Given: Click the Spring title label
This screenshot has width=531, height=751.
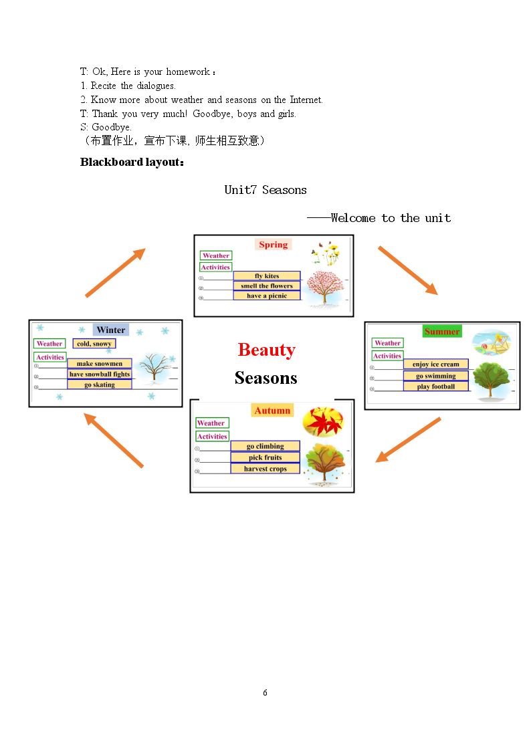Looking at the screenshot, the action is point(273,244).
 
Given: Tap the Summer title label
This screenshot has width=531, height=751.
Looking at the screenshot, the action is point(442,332).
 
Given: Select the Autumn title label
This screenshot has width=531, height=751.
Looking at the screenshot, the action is point(272,411).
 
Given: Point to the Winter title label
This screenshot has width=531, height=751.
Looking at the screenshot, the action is point(110,330).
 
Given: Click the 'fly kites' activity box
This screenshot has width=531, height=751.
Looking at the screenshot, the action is point(267,276).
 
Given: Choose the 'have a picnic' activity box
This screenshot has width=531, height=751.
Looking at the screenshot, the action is point(267,296).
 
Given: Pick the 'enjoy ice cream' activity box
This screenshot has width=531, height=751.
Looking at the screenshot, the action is point(436,364).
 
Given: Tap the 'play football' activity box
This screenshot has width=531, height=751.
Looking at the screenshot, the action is point(436,387).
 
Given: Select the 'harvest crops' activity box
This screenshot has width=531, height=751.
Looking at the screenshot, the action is point(265,469).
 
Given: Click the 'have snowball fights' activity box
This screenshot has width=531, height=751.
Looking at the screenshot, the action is point(100,374).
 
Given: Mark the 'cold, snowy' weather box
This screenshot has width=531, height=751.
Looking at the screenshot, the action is point(94,344).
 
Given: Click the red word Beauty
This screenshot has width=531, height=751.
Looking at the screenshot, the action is point(267,350).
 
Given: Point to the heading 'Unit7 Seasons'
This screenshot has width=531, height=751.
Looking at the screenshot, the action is point(265,190).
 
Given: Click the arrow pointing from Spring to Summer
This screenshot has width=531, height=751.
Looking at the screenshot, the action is point(407,271).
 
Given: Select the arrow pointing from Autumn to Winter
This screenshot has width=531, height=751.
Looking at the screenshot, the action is point(114,440).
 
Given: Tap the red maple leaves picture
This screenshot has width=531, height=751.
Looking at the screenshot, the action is point(323,422).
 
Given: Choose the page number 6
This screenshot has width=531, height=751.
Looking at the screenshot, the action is point(265,693).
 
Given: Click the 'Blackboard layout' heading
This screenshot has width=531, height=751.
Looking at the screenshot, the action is point(132,163).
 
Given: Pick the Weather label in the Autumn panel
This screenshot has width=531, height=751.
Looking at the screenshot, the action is point(211,423).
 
